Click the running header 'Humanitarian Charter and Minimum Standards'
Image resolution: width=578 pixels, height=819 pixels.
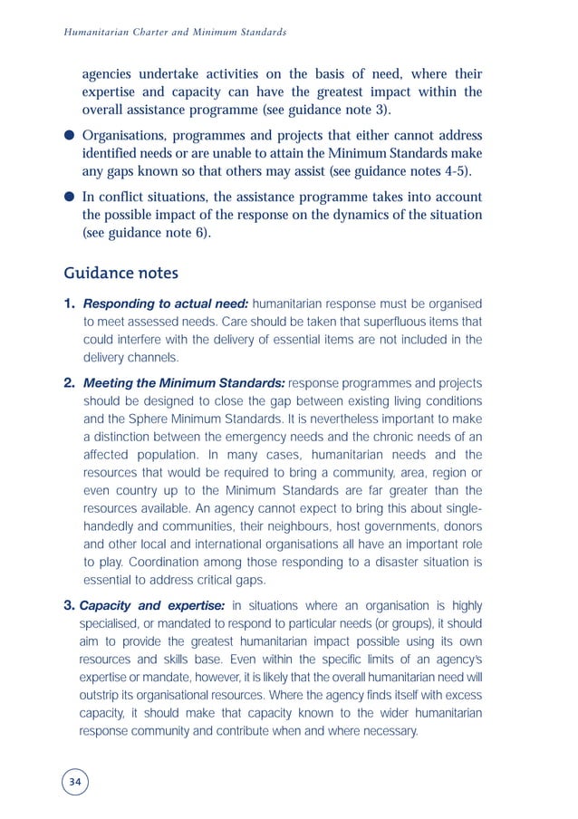175,32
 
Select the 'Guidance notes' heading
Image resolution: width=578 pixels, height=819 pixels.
121,273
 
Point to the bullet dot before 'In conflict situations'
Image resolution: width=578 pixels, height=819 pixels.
69,198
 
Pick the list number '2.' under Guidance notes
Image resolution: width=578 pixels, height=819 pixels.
71,384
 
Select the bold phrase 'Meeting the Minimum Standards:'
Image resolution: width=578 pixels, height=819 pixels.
184,384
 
